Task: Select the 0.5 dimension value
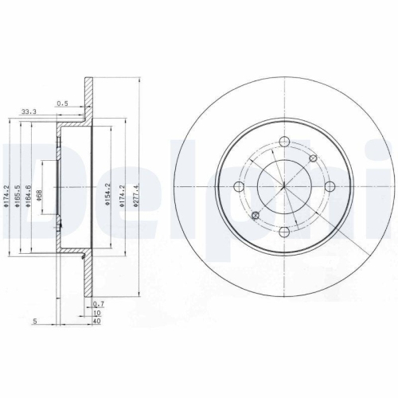62,103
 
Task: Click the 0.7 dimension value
99,305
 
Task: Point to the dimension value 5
36,321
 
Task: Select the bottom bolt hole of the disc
284,232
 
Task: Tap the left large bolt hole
239,187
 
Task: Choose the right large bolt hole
330,187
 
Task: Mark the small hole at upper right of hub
314,158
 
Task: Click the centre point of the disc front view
284,187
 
